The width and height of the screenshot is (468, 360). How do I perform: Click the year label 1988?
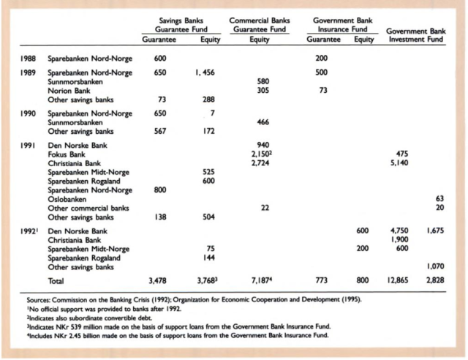click(28, 57)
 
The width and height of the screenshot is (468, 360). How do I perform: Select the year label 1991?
click(28, 146)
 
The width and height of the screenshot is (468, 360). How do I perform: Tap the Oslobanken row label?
click(67, 198)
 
